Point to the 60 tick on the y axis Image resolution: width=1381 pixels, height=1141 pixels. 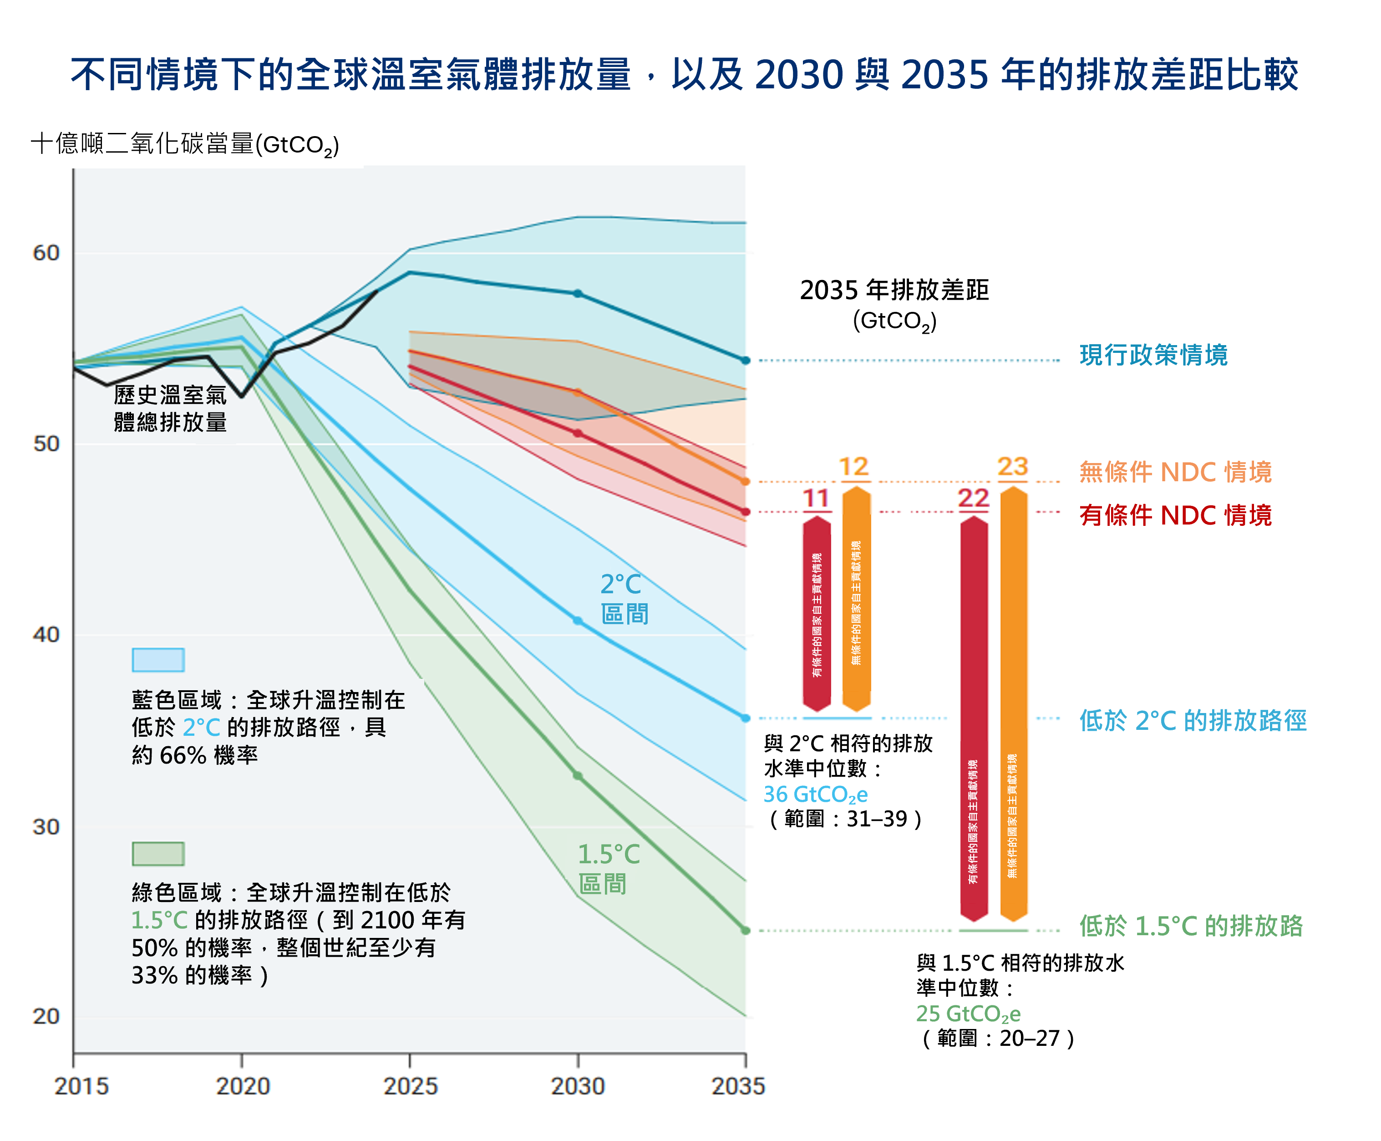coord(46,253)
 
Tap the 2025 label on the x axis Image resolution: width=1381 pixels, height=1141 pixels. coord(410,1086)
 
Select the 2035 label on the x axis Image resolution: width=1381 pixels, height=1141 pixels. coord(738,1086)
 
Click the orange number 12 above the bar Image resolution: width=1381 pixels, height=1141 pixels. coord(853,467)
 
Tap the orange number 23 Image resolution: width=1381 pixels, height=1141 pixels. coord(1012,467)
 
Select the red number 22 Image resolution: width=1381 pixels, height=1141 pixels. coord(973,498)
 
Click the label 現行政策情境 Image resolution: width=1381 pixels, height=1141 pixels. coord(1153,355)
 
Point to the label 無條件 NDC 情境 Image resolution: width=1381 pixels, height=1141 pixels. coord(1175,472)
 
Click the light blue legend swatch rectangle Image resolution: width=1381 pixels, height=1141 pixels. coord(157,660)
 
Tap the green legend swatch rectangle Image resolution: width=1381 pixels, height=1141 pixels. coord(157,854)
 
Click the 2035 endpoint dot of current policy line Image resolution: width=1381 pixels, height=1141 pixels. coord(745,360)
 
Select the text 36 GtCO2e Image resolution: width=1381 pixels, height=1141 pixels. coord(815,795)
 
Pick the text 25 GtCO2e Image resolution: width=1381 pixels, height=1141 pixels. coord(968,1014)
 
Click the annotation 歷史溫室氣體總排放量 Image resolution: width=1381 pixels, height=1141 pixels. coord(170,408)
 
